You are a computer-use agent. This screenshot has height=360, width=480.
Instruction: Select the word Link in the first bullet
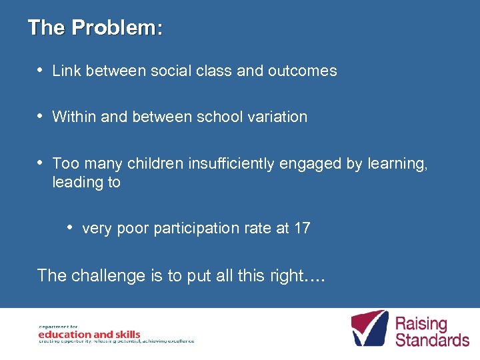(x=66, y=71)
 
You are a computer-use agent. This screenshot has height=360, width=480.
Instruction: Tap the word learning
(x=397, y=164)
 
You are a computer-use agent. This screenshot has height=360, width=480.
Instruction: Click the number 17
(x=302, y=228)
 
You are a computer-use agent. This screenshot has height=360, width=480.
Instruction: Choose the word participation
(x=199, y=229)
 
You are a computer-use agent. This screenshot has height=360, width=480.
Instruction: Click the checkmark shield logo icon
(x=369, y=328)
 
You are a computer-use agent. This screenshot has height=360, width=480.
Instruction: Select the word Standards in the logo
(x=432, y=339)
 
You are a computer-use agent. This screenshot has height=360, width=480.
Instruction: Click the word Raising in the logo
(x=421, y=323)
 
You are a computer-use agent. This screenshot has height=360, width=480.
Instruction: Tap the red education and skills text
(x=89, y=334)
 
